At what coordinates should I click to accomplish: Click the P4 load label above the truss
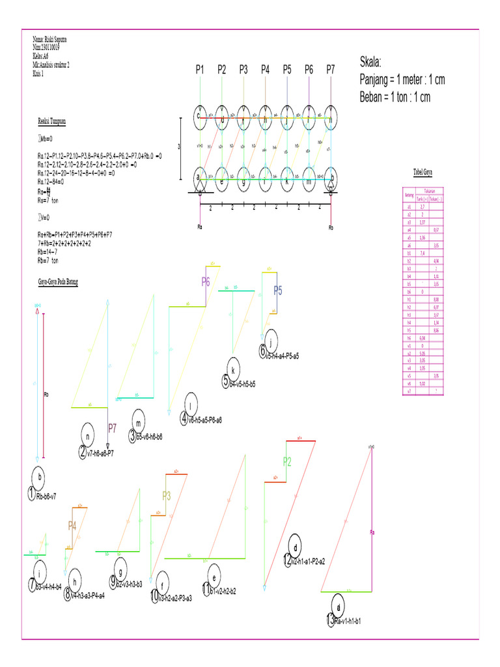tap(265, 69)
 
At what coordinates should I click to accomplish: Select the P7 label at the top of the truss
tap(331, 69)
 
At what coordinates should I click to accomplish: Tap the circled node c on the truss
tap(200, 116)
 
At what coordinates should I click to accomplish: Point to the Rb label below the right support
tap(331, 227)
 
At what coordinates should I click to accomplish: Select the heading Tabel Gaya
tap(423, 172)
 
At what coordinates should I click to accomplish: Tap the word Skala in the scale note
tap(372, 63)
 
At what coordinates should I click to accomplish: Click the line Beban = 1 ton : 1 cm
tap(395, 98)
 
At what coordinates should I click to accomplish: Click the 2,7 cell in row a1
tap(423, 206)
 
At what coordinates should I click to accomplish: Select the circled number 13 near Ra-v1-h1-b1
tap(331, 620)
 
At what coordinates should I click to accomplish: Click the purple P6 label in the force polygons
tap(205, 283)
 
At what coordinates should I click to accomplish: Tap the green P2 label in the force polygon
tap(288, 462)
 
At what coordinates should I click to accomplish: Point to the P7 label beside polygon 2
tap(113, 429)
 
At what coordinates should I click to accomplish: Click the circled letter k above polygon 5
tap(233, 366)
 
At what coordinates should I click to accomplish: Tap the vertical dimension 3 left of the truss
tap(180, 147)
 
